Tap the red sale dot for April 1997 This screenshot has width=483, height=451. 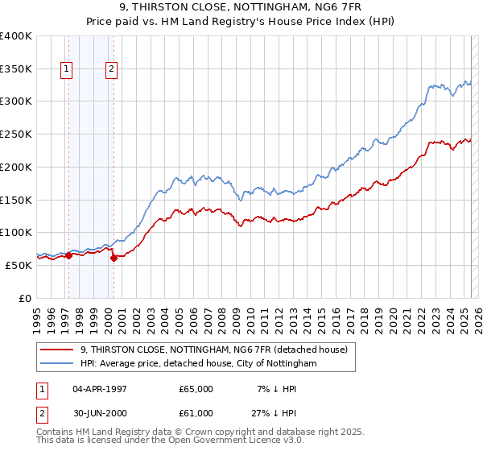click(x=68, y=255)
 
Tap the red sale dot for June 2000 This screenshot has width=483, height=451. click(x=114, y=258)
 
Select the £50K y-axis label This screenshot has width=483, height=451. click(x=19, y=265)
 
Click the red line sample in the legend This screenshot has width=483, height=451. click(x=57, y=350)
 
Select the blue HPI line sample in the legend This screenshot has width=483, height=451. click(x=57, y=364)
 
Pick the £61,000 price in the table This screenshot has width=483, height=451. click(x=196, y=415)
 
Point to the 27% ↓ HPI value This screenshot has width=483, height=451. click(x=270, y=415)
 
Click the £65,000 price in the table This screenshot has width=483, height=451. click(x=196, y=389)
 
